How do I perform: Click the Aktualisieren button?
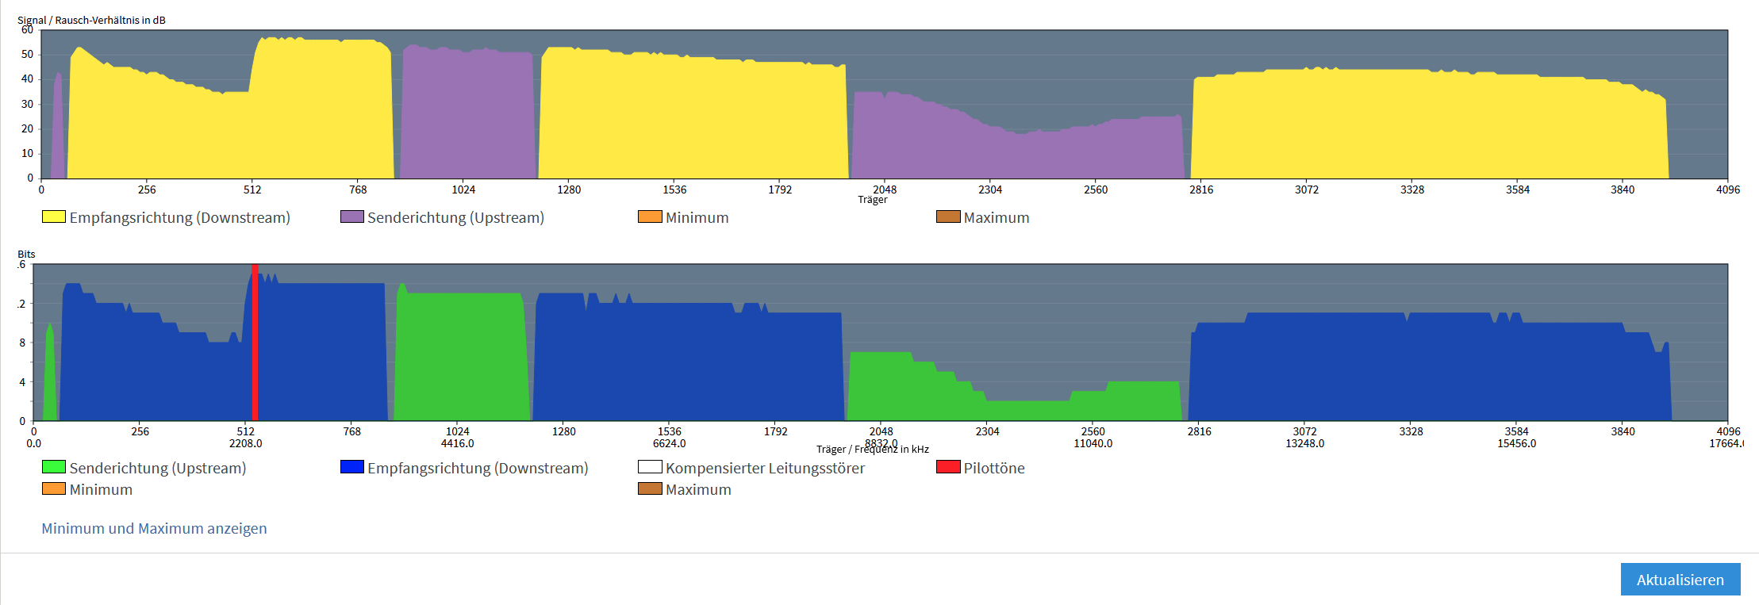click(x=1680, y=580)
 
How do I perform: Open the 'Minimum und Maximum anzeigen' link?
click(x=154, y=529)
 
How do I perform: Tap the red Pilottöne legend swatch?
click(x=948, y=467)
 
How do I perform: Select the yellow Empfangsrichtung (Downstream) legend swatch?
click(x=53, y=216)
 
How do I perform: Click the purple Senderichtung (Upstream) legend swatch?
click(x=351, y=216)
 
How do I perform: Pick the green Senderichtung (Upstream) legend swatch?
click(x=53, y=467)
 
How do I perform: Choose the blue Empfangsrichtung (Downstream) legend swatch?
click(x=351, y=467)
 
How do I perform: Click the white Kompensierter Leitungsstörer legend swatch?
click(x=650, y=467)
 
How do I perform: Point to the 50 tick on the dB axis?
click(x=28, y=54)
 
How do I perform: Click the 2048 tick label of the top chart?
click(x=885, y=190)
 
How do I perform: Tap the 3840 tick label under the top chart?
click(x=1623, y=190)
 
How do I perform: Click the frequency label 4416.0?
click(x=458, y=443)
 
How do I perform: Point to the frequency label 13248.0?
click(x=1305, y=443)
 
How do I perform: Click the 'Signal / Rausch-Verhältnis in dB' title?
click(x=91, y=20)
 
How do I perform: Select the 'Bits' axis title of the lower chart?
click(x=26, y=254)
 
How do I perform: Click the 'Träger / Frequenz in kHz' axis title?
click(x=873, y=450)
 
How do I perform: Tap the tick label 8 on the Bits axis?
click(x=22, y=343)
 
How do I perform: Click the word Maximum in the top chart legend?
click(x=997, y=217)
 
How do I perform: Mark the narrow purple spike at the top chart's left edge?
click(x=58, y=127)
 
